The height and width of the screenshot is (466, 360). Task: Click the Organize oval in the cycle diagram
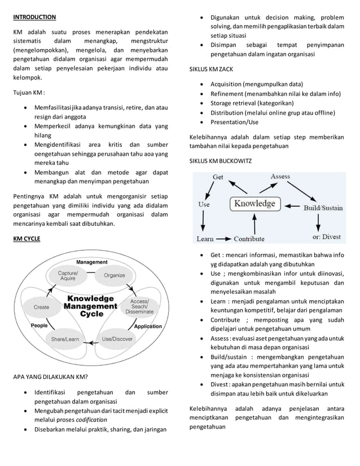click(113, 275)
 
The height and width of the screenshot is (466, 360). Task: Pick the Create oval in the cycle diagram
click(41, 307)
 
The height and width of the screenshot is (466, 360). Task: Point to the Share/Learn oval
click(65, 339)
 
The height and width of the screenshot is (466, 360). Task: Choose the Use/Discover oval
click(117, 339)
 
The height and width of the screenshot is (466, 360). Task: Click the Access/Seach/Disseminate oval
click(138, 307)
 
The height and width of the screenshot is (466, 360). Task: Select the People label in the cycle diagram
click(39, 326)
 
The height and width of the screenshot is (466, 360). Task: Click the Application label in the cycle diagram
click(148, 326)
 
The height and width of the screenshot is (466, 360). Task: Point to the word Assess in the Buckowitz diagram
click(280, 177)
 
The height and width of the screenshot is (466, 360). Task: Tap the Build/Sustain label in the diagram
click(323, 208)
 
